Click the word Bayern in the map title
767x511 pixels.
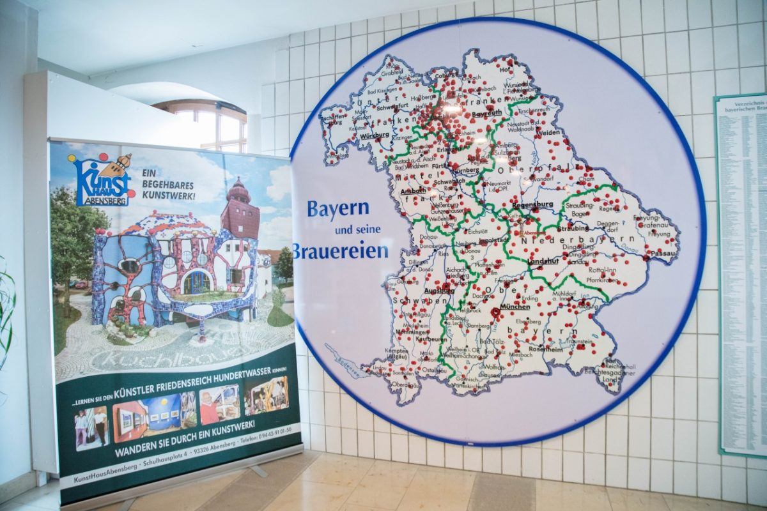click(338, 208)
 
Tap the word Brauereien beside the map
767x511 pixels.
click(341, 250)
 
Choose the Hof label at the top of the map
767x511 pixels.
click(506, 70)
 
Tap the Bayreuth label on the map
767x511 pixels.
click(486, 114)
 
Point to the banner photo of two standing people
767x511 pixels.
click(91, 427)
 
